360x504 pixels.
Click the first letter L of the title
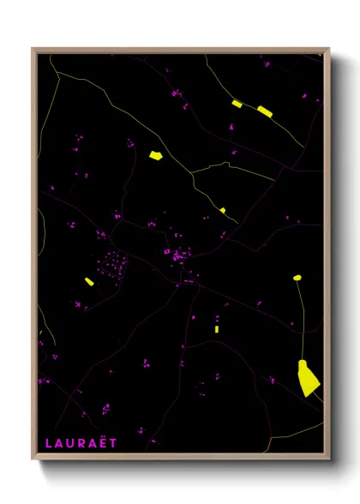pos(49,442)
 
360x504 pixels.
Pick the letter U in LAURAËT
pos(70,442)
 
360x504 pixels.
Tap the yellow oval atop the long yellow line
pos(297,278)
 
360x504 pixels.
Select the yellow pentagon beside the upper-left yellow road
pos(155,156)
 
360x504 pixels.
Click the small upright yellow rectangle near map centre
pos(217,328)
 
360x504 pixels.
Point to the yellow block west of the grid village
pos(88,281)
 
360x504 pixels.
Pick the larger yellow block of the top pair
pos(264,110)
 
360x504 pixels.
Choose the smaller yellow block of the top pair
pos(237,104)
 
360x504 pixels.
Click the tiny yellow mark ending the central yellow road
pos(222,209)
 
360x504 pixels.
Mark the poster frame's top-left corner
pos(33,49)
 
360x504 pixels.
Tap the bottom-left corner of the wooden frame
pos(33,459)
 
